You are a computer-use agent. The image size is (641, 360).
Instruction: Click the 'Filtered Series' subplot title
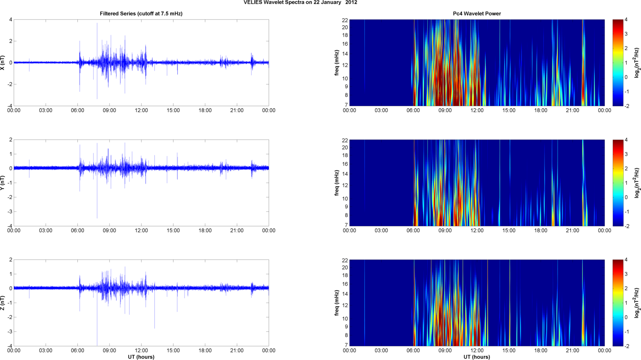click(141, 14)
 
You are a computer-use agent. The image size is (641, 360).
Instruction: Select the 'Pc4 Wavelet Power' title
click(476, 14)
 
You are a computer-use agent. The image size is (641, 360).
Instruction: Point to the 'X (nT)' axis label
click(3, 63)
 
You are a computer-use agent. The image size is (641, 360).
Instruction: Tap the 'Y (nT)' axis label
click(3, 183)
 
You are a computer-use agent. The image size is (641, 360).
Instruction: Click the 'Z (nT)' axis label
click(3, 303)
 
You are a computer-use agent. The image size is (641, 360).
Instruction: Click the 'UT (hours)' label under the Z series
click(141, 357)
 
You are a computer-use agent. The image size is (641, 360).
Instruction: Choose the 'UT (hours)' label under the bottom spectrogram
click(476, 357)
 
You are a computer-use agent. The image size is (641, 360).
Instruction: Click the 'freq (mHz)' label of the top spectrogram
click(337, 63)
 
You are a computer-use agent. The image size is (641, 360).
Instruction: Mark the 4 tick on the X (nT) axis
click(11, 19)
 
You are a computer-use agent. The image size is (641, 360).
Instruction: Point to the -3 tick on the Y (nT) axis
click(9, 212)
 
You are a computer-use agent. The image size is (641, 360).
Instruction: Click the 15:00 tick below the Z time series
click(173, 351)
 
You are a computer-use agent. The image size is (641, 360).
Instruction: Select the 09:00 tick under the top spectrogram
click(445, 110)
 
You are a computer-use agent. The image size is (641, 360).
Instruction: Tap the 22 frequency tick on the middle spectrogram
click(345, 140)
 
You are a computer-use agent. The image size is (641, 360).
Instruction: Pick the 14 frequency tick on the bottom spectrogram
click(345, 294)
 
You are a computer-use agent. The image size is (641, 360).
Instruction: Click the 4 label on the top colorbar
click(626, 19)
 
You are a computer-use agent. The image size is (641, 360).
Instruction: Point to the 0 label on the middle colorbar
click(626, 197)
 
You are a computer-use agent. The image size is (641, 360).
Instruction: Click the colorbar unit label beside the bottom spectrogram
click(637, 303)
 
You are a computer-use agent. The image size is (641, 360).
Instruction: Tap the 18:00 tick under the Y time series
click(205, 231)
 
